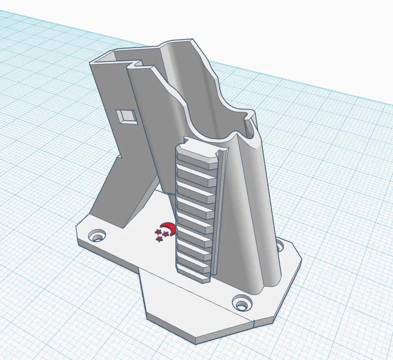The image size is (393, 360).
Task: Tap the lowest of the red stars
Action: (159, 239)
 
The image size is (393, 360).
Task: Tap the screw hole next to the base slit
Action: (241, 303)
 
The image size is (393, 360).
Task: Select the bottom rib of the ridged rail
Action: (193, 272)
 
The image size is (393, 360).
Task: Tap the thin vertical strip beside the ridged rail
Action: (221, 206)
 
